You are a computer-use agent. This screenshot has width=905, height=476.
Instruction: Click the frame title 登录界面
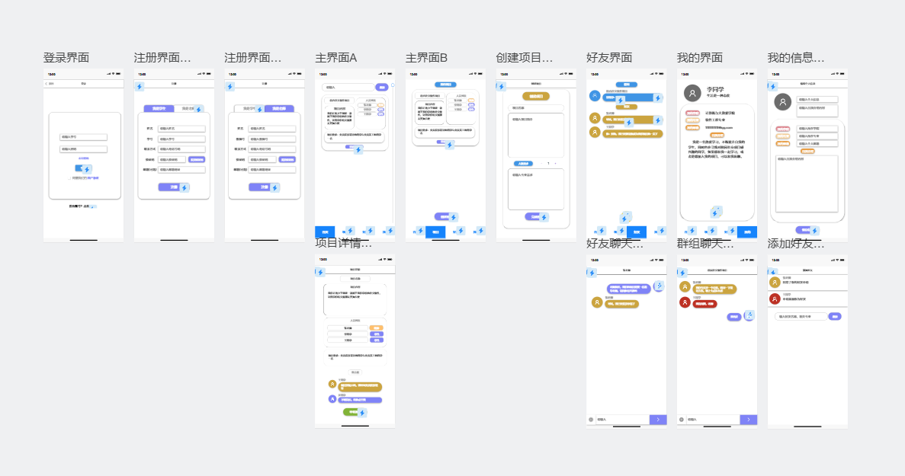pos(66,58)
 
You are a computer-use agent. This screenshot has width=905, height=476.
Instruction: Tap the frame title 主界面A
pos(336,58)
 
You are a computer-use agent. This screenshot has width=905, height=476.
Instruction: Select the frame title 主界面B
pos(426,58)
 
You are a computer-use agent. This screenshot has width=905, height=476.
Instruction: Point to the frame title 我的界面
pos(700,58)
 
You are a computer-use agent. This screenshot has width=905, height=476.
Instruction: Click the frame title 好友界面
pos(609,58)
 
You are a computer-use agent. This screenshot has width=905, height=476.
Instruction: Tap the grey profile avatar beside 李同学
pos(692,93)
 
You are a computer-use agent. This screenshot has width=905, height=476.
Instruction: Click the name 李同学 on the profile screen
pos(715,89)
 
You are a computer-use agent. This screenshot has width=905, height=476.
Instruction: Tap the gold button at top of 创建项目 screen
pos(536,97)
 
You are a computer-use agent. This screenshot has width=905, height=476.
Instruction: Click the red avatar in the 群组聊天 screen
pos(685,302)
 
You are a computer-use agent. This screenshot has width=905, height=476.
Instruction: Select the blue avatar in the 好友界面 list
pos(595,96)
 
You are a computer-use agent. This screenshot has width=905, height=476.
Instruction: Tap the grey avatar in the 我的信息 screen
pos(782,102)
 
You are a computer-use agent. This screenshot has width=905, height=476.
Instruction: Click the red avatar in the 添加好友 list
pos(775,299)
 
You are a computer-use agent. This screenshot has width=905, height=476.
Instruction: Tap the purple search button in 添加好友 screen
pos(835,316)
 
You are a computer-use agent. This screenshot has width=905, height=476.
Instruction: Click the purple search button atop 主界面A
pos(382,88)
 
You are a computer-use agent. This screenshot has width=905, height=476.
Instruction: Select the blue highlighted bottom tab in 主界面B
pos(435,232)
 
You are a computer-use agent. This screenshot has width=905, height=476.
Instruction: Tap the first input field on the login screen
pos(83,137)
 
